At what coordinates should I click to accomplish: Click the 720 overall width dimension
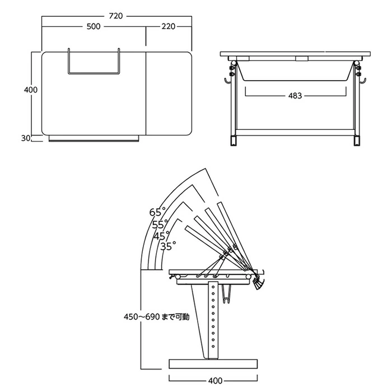[x=116, y=16]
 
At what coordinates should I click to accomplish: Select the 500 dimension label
[x=94, y=26]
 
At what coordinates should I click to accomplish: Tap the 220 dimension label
[x=168, y=26]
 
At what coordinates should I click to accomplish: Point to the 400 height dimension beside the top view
[x=31, y=90]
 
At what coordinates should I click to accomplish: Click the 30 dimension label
[x=26, y=138]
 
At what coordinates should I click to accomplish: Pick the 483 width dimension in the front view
[x=295, y=96]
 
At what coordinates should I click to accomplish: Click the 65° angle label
[x=157, y=212]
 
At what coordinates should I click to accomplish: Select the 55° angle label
[x=160, y=225]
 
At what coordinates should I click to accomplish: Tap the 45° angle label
[x=161, y=236]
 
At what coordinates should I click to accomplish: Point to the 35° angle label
[x=168, y=246]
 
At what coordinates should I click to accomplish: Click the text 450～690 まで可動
[x=156, y=317]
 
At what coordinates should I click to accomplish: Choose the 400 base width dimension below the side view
[x=215, y=381]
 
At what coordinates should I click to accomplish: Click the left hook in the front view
[x=227, y=81]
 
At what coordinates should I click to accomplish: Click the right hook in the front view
[x=363, y=81]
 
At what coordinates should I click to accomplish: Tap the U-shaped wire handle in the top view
[x=94, y=73]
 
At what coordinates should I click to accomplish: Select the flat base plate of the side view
[x=213, y=364]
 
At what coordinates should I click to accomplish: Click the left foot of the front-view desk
[x=234, y=141]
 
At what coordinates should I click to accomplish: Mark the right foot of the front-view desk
[x=357, y=141]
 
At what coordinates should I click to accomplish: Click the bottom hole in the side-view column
[x=213, y=346]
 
